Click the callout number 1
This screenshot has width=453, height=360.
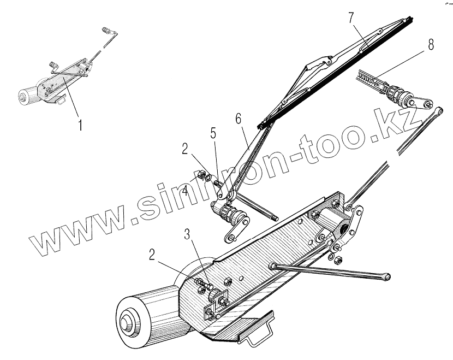click(80, 125)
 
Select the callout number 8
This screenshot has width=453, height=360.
click(431, 46)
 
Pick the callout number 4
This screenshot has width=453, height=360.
click(186, 191)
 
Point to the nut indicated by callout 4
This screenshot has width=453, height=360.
click(199, 176)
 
